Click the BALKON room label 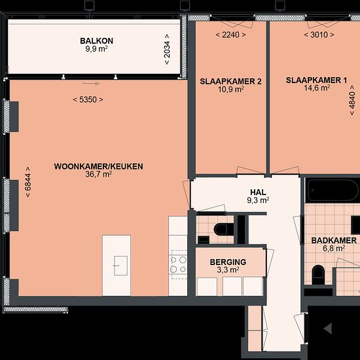[97, 41]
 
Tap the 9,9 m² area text [97, 49]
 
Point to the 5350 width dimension [88, 99]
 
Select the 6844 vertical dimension [27, 182]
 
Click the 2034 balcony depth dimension [167, 49]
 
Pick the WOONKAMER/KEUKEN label [98, 166]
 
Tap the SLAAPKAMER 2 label [230, 82]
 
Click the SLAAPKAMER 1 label [317, 81]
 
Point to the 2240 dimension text [231, 35]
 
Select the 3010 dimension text [319, 35]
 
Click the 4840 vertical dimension [352, 100]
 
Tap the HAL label [259, 192]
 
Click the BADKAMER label [334, 241]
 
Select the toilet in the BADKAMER [318, 274]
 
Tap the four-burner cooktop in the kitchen [179, 264]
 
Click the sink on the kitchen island [120, 266]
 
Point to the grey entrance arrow [328, 329]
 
